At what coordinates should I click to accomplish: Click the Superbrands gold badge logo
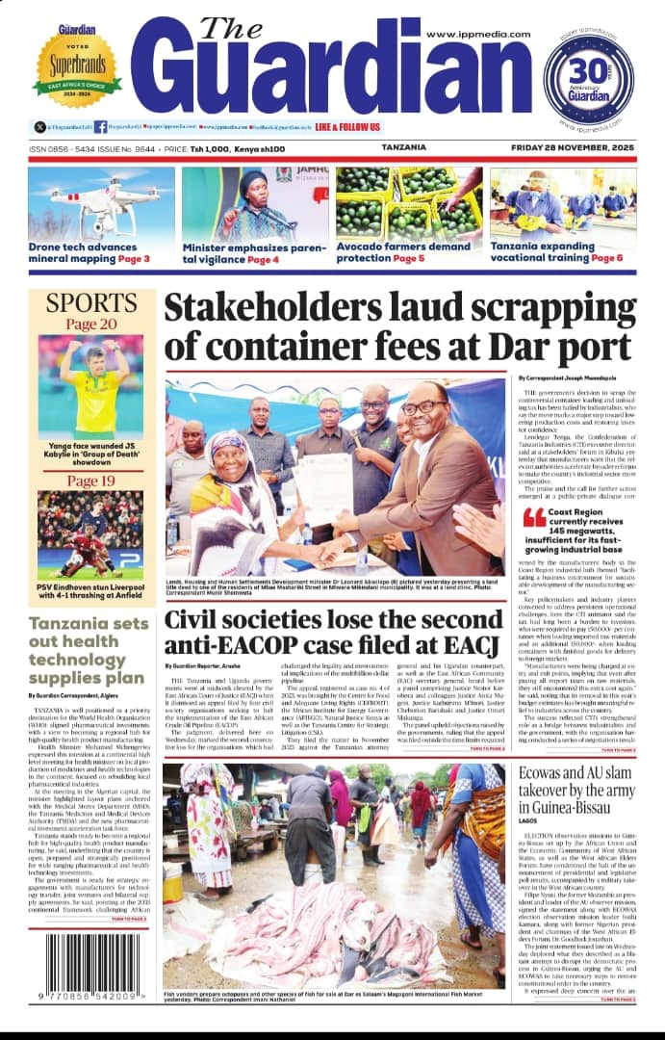click(x=78, y=68)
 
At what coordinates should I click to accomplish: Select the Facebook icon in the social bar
click(x=101, y=126)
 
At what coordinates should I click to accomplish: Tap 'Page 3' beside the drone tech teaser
click(x=134, y=259)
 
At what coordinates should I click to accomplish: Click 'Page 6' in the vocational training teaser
click(x=606, y=259)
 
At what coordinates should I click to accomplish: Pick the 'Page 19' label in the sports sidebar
click(x=91, y=481)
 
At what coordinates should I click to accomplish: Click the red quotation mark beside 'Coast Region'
click(x=534, y=518)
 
